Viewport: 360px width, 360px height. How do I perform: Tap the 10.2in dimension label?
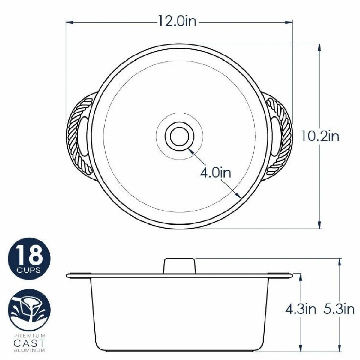coord(320,136)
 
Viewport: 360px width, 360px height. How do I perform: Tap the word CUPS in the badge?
coord(29,270)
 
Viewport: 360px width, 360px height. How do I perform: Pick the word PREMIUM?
coord(29,336)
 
